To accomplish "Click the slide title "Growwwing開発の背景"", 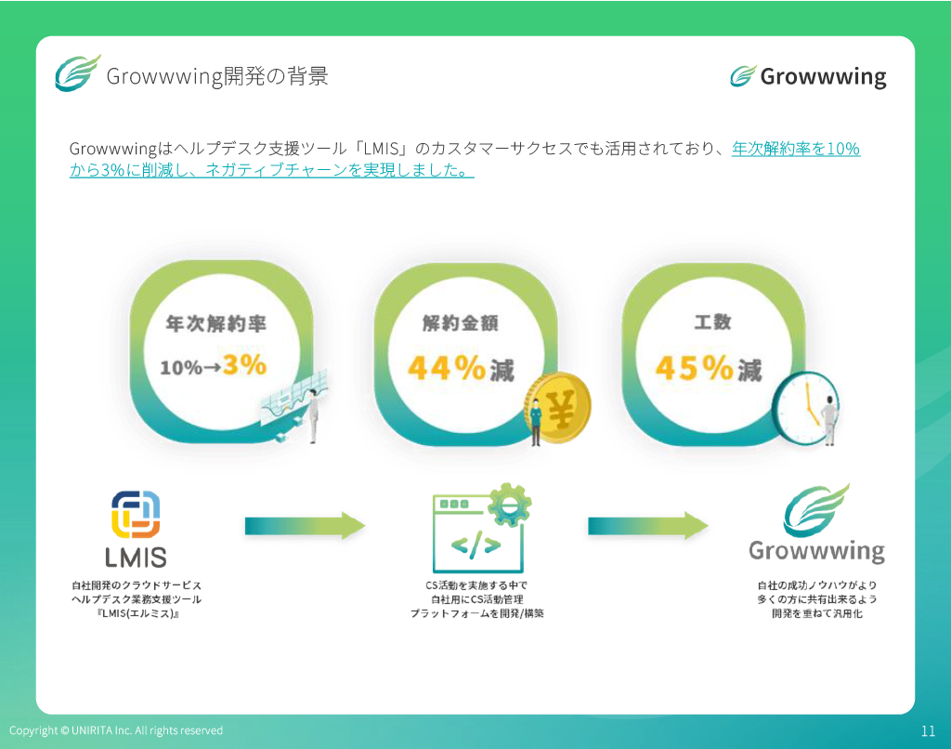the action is pyautogui.click(x=217, y=76).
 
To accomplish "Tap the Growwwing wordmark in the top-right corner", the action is pyautogui.click(x=823, y=77).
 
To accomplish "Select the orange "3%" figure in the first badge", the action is pyautogui.click(x=244, y=364).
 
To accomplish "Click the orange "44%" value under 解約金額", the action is pyautogui.click(x=447, y=368).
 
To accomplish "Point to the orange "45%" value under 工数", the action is pyautogui.click(x=695, y=368).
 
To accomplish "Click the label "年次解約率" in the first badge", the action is pyautogui.click(x=215, y=323).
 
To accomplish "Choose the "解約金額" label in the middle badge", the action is pyautogui.click(x=461, y=322).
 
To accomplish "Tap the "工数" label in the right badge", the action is pyautogui.click(x=712, y=322).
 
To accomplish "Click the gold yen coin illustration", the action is pyautogui.click(x=559, y=407).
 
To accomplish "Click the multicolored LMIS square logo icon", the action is pyautogui.click(x=136, y=514).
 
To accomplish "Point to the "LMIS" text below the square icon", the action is pyautogui.click(x=136, y=558).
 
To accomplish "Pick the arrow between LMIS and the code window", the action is pyautogui.click(x=305, y=526).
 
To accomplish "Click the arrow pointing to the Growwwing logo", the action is pyautogui.click(x=647, y=526).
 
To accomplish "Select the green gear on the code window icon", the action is pyautogui.click(x=510, y=505).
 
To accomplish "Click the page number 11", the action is pyautogui.click(x=928, y=730).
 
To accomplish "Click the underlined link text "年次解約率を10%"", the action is pyautogui.click(x=796, y=149).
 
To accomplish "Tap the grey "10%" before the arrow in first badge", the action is pyautogui.click(x=180, y=367).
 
